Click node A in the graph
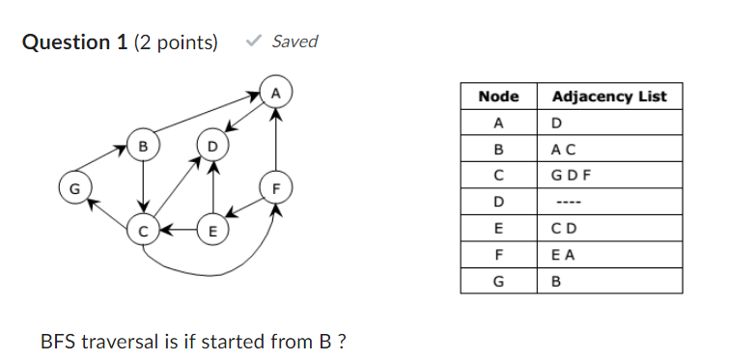tap(276, 94)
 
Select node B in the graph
tap(143, 147)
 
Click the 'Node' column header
tap(498, 97)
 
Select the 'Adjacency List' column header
tap(608, 97)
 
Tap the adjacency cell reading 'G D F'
tap(571, 177)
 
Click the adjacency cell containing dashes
tap(569, 203)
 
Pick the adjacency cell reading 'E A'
tap(563, 256)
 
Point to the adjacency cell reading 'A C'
tap(563, 150)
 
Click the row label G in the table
tap(498, 282)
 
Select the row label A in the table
tap(498, 124)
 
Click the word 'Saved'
tap(294, 42)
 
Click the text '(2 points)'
tap(177, 42)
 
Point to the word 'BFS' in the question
tap(58, 342)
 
